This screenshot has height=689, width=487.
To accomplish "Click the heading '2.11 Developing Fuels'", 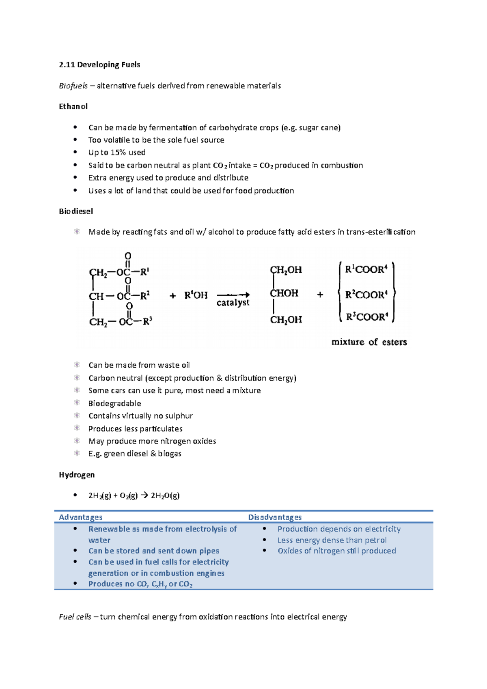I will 99,65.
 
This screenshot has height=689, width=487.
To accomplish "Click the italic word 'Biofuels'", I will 73,86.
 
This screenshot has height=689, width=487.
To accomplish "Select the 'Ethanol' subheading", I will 73,106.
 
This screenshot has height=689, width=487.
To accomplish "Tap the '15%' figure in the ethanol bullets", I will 118,153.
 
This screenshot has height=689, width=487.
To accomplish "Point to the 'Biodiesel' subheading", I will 76,211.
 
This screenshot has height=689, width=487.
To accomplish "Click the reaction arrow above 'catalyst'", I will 233,295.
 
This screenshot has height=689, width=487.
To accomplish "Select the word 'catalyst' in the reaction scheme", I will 233,303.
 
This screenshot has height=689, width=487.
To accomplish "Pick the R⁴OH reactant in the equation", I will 196,295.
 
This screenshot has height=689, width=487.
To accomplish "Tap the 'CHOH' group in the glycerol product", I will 284,293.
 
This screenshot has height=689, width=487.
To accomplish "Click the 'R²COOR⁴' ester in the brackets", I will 366,295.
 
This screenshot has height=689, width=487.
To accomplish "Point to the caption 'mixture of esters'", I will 369,342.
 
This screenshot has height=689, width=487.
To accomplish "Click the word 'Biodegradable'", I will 115,403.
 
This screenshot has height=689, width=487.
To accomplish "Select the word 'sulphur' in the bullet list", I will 179,416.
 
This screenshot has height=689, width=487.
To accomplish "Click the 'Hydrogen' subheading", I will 77,475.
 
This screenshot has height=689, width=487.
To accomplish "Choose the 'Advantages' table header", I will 80,517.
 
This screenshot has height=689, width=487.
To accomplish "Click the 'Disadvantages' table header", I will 275,517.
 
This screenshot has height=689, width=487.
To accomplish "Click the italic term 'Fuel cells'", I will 75,617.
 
